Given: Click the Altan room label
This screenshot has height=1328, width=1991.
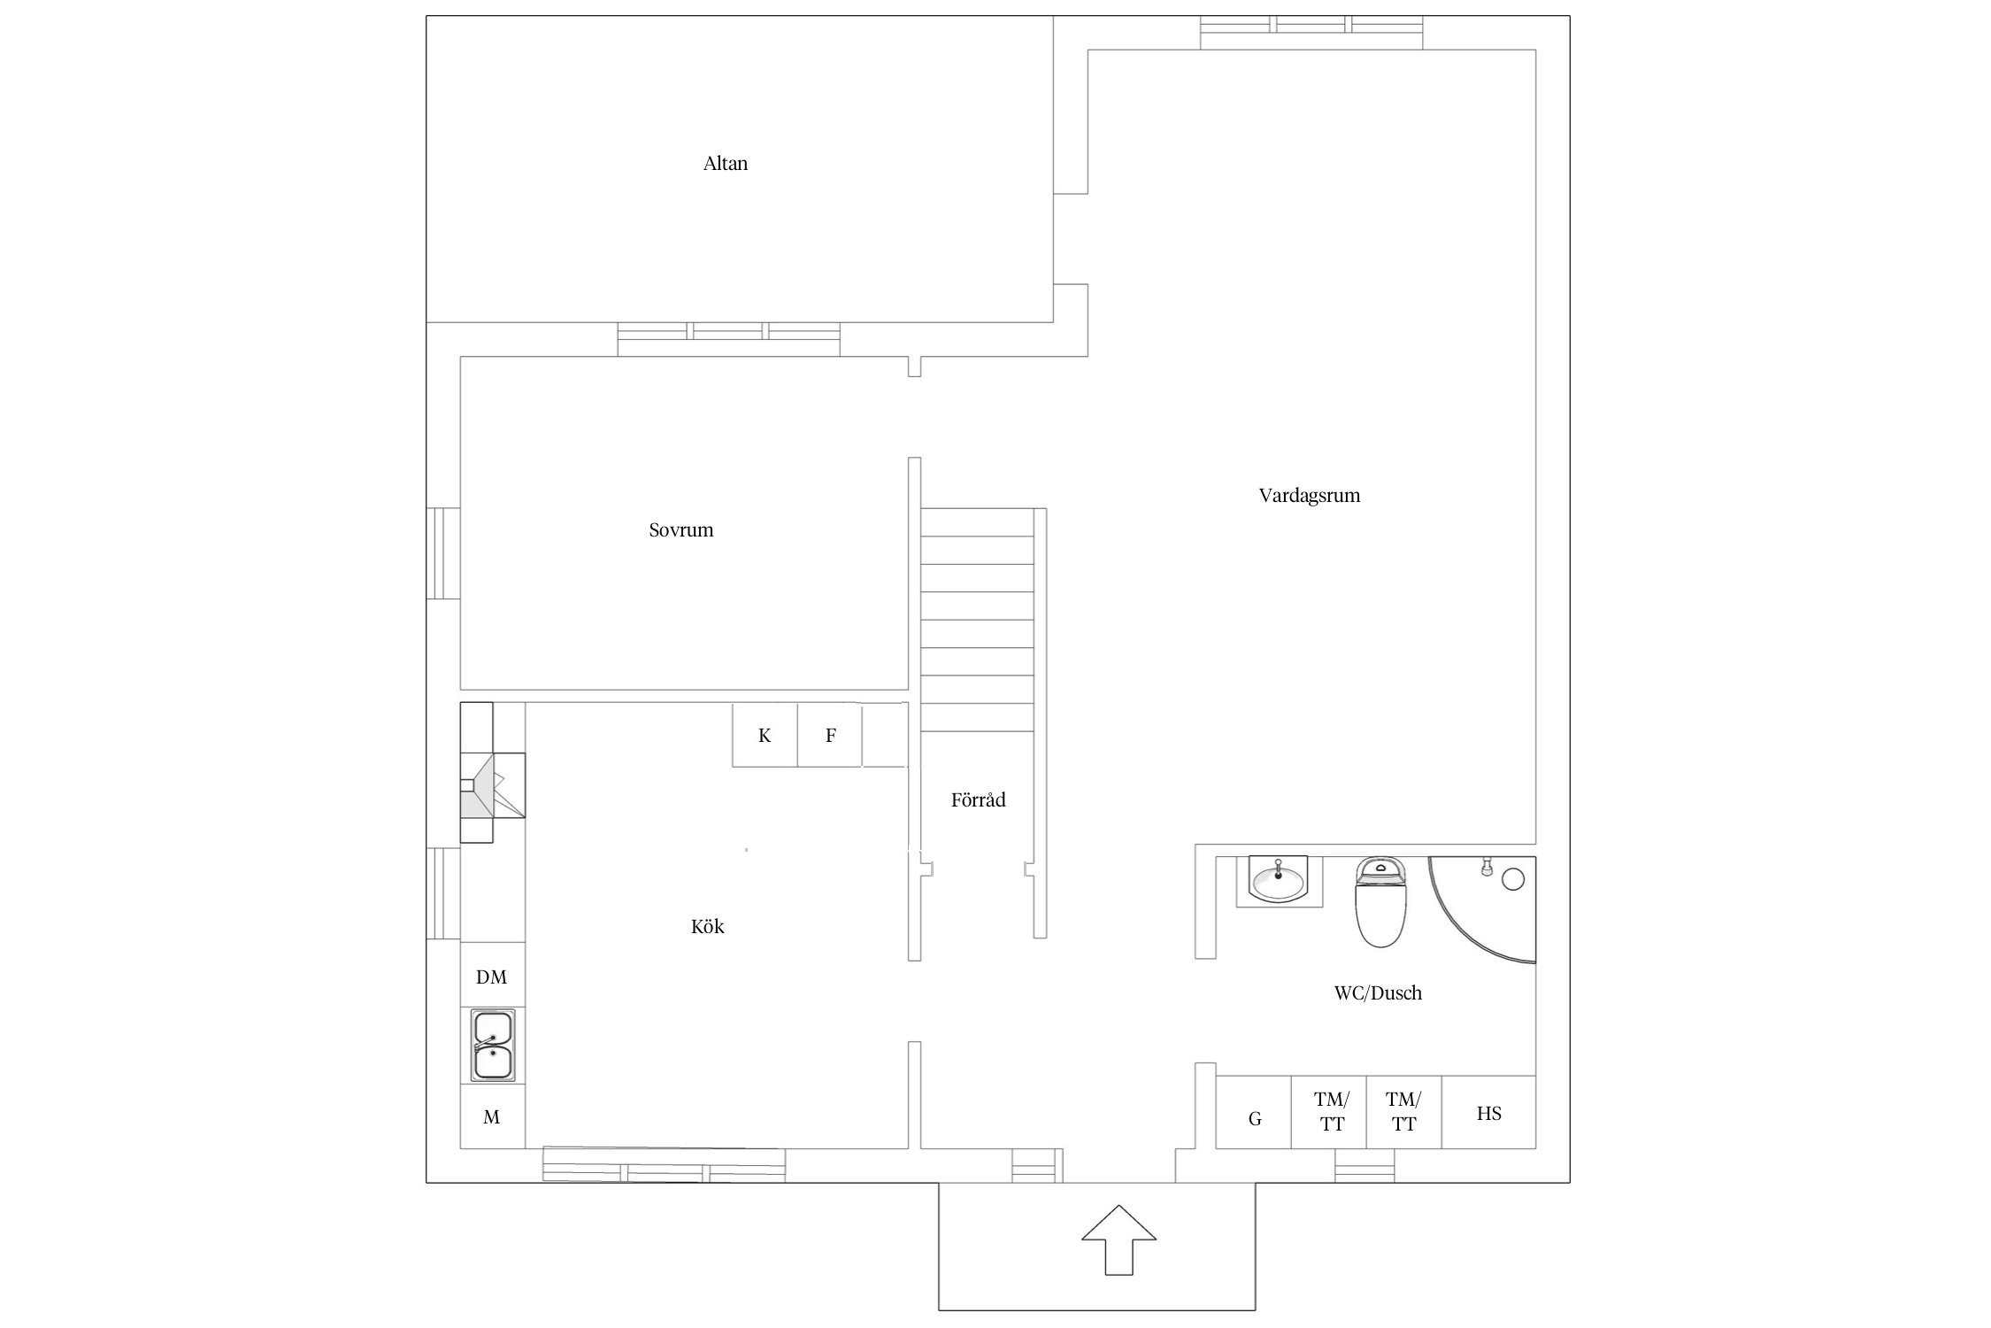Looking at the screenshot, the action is click(x=726, y=164).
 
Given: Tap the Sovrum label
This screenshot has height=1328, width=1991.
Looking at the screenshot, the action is click(x=681, y=530).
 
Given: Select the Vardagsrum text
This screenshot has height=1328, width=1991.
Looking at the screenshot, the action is click(x=1310, y=496).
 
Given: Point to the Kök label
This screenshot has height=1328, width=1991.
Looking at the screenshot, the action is click(x=708, y=927).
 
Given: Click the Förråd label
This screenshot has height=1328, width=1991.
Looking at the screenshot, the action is click(x=979, y=800).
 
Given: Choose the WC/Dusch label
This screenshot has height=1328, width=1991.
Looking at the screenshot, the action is click(x=1379, y=993).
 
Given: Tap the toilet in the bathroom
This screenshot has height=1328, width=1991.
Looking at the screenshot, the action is click(x=1381, y=901).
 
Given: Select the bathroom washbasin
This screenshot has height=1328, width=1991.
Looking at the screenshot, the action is click(x=1280, y=882).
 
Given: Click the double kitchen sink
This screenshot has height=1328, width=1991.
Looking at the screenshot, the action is click(x=493, y=1046).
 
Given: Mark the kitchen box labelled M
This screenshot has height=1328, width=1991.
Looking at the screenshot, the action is click(x=493, y=1116).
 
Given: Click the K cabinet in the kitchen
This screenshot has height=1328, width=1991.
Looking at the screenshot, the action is click(x=765, y=735).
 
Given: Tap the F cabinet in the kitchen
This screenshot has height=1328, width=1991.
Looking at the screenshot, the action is click(x=830, y=735).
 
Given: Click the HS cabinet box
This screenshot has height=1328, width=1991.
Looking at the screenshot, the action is click(x=1488, y=1113).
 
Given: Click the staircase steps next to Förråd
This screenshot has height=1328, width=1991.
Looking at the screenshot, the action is click(x=978, y=620).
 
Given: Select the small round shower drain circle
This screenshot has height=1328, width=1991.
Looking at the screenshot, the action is click(x=1514, y=879).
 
